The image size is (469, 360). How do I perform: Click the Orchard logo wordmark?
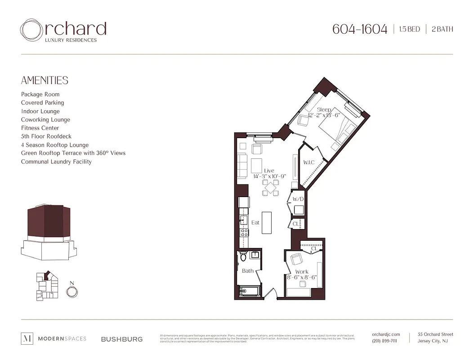point(63,30)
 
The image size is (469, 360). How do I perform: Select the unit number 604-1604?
point(359,29)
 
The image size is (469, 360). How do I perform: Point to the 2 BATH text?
point(442,29)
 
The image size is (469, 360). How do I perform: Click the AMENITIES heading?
point(45,81)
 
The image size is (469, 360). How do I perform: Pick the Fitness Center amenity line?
point(40,128)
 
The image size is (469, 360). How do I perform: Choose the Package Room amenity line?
point(40,94)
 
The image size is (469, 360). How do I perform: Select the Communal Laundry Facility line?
point(56,162)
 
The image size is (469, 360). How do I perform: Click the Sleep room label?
point(324,109)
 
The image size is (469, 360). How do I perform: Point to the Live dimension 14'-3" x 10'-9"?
point(269,176)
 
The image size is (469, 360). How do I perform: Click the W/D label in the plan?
point(298,199)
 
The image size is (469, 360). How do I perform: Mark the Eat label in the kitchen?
point(255,222)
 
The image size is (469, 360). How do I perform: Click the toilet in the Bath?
point(243,256)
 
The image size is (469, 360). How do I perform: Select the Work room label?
point(302,272)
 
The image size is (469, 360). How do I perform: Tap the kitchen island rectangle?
point(267,222)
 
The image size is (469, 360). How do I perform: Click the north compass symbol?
point(71,292)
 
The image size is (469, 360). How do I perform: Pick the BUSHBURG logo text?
point(122,339)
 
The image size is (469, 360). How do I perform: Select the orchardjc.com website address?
point(386,334)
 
